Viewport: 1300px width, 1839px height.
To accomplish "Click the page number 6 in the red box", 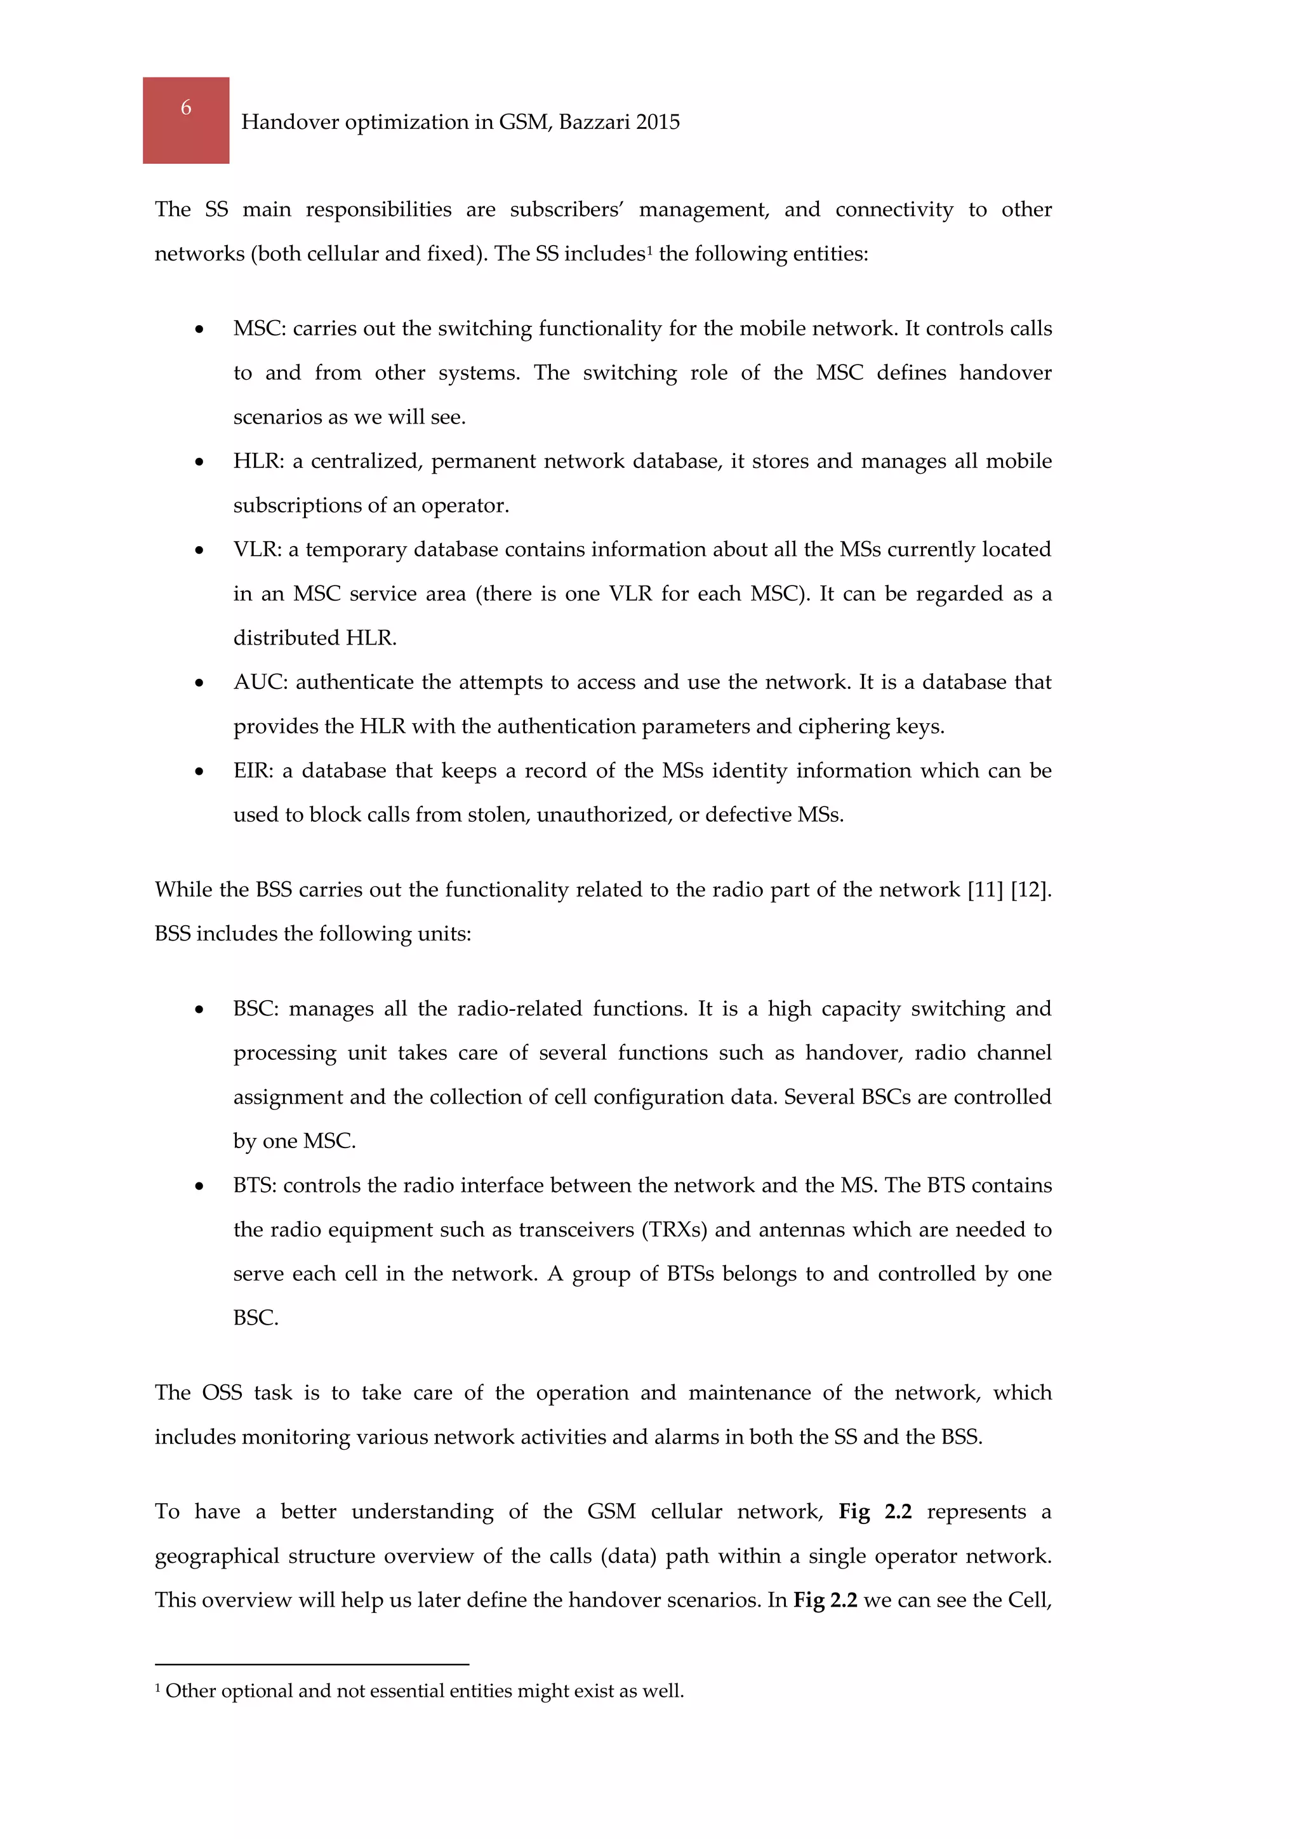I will pyautogui.click(x=186, y=107).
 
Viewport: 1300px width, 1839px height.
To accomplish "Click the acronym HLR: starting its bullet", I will pyautogui.click(x=258, y=462).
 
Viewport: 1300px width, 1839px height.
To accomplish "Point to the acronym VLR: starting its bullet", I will pyautogui.click(x=257, y=549).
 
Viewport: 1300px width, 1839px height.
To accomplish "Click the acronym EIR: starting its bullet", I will pyautogui.click(x=253, y=770).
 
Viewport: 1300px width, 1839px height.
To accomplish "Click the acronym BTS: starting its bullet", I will pyautogui.click(x=255, y=1186).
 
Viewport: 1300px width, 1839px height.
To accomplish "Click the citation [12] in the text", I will pyautogui.click(x=1031, y=890).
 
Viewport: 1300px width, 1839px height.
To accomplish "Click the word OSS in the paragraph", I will pyautogui.click(x=222, y=1393).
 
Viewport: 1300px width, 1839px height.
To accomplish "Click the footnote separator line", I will pyautogui.click(x=312, y=1664).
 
